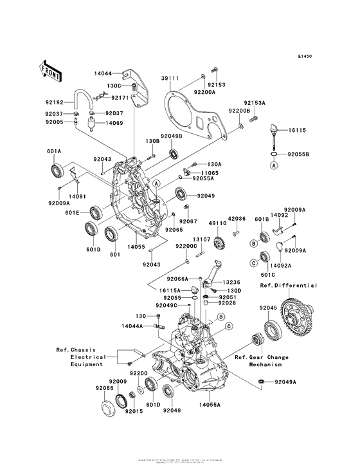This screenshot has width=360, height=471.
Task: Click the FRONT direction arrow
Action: [x=51, y=68]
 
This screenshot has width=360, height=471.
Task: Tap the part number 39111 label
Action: [x=169, y=78]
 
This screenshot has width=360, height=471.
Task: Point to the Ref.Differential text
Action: [x=289, y=285]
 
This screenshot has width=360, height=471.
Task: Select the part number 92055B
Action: [x=299, y=155]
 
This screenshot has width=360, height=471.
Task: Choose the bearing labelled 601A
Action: [x=57, y=171]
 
